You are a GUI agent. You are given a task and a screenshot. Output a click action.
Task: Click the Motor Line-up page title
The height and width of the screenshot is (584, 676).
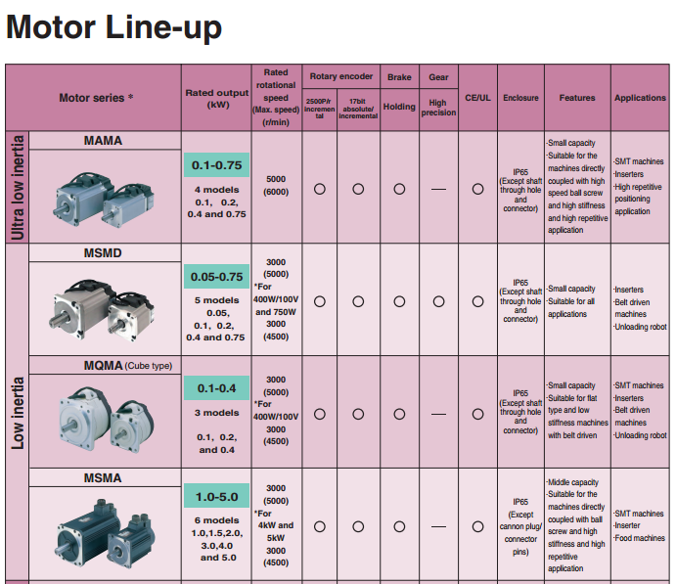pos(113,27)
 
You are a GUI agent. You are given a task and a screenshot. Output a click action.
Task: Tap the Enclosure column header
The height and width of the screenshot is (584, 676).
pos(520,98)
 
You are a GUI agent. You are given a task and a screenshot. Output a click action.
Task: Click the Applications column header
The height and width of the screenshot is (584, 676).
pos(640,98)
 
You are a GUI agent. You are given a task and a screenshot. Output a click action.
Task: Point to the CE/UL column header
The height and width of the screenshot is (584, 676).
pos(477,98)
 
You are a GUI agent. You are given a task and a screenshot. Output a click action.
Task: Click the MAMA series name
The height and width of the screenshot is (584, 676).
pos(104,141)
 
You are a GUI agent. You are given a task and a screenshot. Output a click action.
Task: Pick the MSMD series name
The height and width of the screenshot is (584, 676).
pos(104,253)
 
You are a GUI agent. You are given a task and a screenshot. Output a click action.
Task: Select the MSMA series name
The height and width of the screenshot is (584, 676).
pos(104,478)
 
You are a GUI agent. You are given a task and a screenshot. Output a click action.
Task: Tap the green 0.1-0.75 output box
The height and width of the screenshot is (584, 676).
pos(217,165)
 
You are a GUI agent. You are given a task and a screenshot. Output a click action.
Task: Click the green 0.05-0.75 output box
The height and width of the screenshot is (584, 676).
pos(217,277)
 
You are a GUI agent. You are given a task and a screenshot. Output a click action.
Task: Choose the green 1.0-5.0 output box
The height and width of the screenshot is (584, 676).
pos(217,497)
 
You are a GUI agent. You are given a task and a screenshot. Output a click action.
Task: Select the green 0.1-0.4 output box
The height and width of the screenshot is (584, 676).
pos(217,387)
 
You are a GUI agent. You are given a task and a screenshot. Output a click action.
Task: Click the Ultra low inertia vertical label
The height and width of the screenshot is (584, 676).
pos(17,188)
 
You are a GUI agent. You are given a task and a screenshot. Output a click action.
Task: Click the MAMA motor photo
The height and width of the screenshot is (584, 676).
pos(103,195)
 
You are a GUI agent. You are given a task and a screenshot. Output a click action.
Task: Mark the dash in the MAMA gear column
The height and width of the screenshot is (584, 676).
pos(438,189)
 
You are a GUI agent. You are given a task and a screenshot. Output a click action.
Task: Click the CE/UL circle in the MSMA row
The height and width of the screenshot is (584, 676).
pos(477,526)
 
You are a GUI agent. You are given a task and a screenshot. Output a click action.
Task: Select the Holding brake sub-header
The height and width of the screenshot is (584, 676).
pos(399,107)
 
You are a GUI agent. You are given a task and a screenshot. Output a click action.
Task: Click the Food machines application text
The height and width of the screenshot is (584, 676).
pos(640,538)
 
